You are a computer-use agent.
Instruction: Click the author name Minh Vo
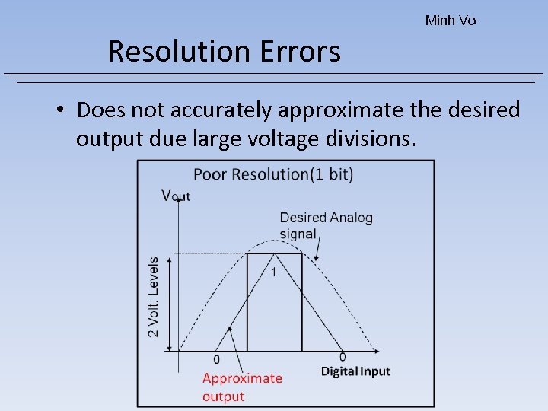[451, 21]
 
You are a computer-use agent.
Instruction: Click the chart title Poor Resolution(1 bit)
[273, 174]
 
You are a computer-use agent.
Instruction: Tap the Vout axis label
[176, 195]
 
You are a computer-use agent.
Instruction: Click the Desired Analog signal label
[326, 225]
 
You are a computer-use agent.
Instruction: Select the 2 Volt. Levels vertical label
[154, 297]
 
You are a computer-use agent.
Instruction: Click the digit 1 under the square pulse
[274, 272]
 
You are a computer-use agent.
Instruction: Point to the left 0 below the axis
[216, 359]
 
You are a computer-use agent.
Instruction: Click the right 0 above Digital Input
[342, 357]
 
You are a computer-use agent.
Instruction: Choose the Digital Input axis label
[355, 371]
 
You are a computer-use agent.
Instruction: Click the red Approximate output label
[242, 387]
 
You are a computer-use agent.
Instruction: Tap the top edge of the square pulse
[274, 254]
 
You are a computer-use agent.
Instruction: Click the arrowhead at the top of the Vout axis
[177, 209]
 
